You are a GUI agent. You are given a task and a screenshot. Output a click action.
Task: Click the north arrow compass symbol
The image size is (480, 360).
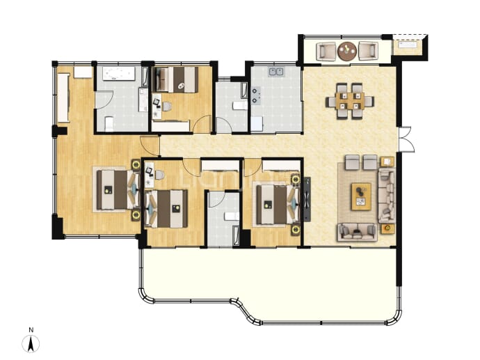click(31, 344)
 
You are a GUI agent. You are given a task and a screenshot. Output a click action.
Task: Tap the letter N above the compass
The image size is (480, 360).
click(31, 330)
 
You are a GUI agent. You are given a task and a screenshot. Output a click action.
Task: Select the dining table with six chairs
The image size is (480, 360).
click(350, 101)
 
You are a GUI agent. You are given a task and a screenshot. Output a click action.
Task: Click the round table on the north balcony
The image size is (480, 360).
click(347, 51)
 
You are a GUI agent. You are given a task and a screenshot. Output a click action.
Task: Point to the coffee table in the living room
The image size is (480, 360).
click(361, 196)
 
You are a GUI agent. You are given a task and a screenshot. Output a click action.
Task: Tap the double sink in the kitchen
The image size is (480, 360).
click(276, 72)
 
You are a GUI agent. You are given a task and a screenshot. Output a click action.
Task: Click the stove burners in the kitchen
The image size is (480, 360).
click(255, 95)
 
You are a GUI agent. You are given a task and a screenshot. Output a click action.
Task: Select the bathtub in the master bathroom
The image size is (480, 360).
click(118, 74)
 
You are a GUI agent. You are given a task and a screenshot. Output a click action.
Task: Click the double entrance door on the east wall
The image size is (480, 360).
click(406, 139)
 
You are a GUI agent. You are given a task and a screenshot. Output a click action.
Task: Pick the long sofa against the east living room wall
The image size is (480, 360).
click(387, 196)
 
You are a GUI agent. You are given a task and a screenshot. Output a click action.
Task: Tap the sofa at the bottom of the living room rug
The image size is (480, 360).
click(358, 233)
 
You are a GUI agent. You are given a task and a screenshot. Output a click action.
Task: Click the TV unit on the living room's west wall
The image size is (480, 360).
click(307, 199)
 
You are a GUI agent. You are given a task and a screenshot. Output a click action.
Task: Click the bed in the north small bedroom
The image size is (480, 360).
click(175, 79)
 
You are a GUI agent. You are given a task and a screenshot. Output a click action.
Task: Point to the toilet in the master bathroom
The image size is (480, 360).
click(109, 124)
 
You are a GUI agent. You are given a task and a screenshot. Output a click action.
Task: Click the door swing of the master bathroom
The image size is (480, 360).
click(104, 100)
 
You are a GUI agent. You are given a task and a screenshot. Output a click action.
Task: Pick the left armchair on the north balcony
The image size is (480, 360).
click(326, 51)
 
